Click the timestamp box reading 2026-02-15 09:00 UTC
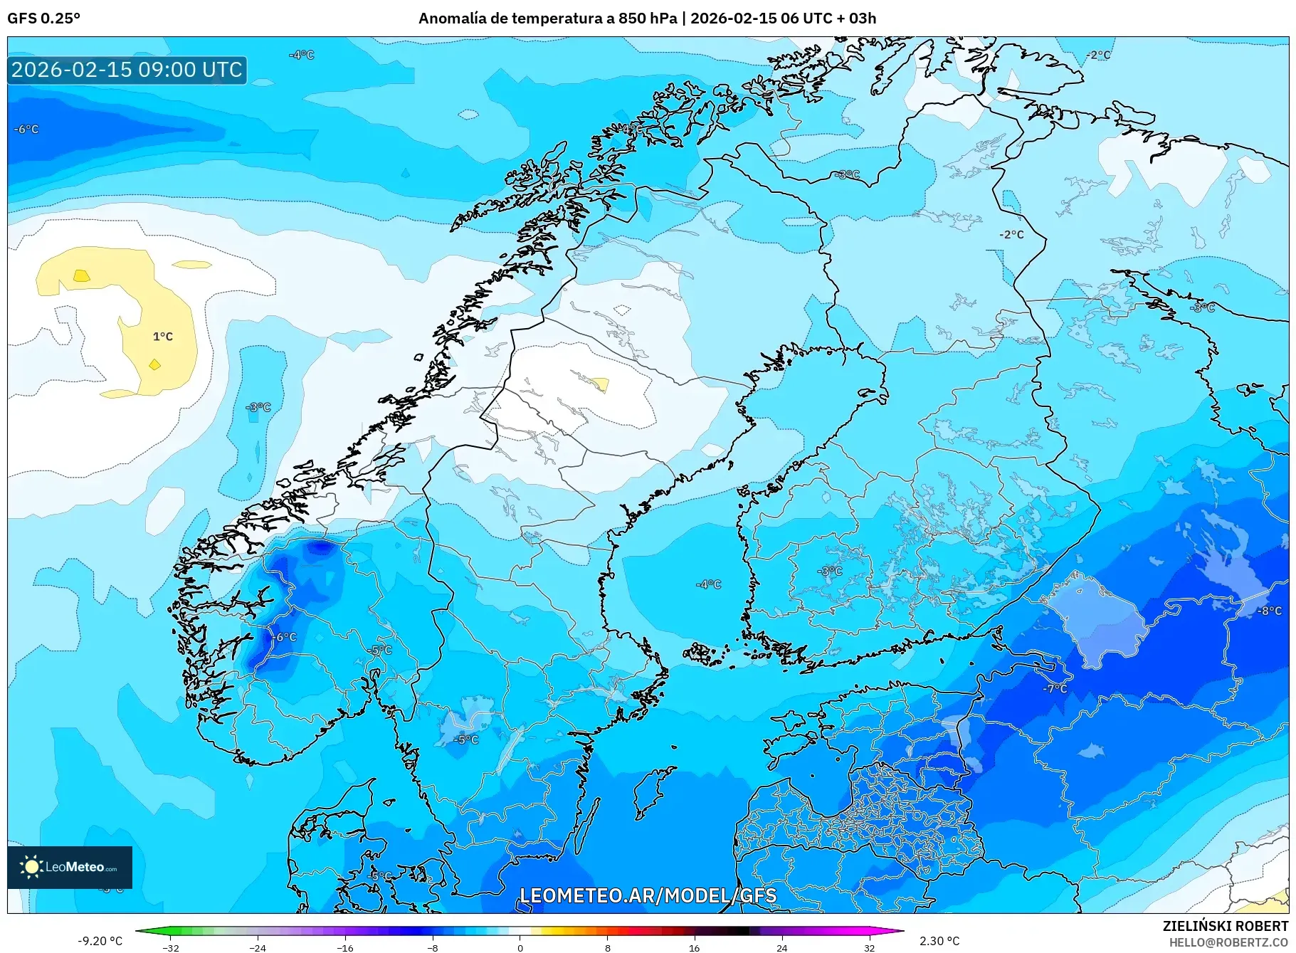tap(127, 70)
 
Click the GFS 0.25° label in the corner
tap(43, 19)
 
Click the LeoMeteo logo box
tap(70, 867)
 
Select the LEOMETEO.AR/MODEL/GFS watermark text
tap(648, 895)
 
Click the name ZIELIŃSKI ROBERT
tap(1225, 926)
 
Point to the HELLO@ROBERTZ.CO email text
tap(1228, 942)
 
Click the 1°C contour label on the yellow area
tap(163, 337)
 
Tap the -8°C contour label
tap(1269, 611)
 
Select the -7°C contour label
tap(1055, 689)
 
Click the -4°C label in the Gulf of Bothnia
tap(708, 584)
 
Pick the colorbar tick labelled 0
tap(520, 947)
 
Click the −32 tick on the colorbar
tap(171, 947)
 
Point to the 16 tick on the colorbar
tap(694, 947)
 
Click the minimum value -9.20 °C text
tap(100, 941)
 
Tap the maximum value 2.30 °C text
tap(939, 941)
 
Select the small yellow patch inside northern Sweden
tap(600, 384)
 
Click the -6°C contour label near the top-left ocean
tap(26, 129)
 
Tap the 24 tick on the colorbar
tap(781, 947)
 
